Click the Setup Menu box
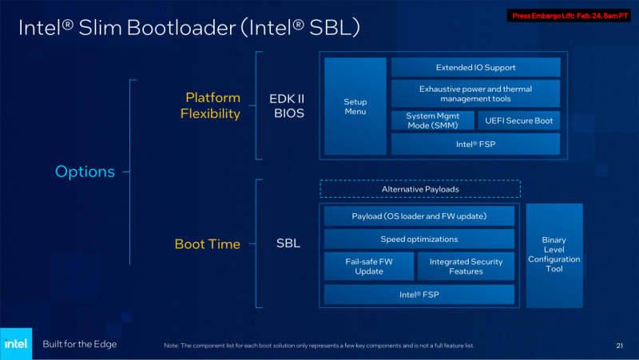coord(355,106)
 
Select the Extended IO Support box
coord(475,68)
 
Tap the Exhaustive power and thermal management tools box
coord(475,94)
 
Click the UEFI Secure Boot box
coord(518,121)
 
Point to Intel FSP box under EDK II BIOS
coord(475,144)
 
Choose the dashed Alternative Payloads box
coord(419,189)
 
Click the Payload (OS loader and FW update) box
coord(419,216)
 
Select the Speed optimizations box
coord(419,239)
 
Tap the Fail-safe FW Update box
coord(369,266)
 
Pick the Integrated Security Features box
coord(466,266)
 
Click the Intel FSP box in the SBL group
coord(419,295)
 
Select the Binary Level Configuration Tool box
coord(554,255)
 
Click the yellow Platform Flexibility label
coord(210,105)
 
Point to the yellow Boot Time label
coord(208,244)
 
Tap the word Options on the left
coord(85,171)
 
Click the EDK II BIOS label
coord(287,106)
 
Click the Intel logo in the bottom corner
coord(16,343)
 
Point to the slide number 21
coord(619,346)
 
